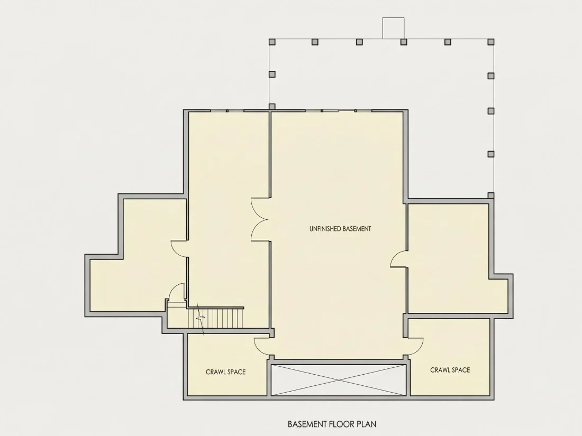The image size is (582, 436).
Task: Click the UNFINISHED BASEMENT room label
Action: click(x=340, y=229)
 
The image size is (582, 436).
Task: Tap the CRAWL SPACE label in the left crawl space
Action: click(x=226, y=372)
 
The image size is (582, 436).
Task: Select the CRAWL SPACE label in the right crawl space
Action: click(x=450, y=370)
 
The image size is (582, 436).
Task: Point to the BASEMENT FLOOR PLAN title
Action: click(x=332, y=424)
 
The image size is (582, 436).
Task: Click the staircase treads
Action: click(x=215, y=318)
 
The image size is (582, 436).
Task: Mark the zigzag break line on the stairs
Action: click(x=201, y=319)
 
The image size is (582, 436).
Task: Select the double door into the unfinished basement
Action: click(x=260, y=219)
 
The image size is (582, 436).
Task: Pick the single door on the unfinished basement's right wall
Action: click(x=398, y=259)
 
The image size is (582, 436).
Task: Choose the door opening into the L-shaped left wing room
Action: click(x=179, y=248)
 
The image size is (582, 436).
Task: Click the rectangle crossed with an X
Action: click(x=339, y=380)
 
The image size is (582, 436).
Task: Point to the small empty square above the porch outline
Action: click(x=394, y=28)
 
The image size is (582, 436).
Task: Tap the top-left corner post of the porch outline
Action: click(x=272, y=42)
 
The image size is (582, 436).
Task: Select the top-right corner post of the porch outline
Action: click(x=490, y=42)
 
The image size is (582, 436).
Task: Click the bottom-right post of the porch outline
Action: click(x=490, y=196)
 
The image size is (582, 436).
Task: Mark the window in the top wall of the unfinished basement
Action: click(x=339, y=110)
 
